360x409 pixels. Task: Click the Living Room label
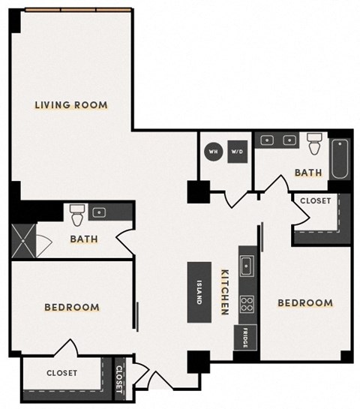pos(71,105)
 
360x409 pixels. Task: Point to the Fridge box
pos(245,338)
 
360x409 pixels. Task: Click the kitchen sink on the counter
pos(246,265)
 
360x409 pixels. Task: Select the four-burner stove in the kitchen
pos(246,303)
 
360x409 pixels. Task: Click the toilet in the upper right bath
pos(314,143)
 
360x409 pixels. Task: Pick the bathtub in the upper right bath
pos(340,158)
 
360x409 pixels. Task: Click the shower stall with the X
pos(24,240)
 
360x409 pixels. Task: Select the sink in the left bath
pos(99,213)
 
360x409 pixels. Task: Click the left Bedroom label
pos(72,308)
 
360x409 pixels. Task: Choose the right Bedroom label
pos(305,303)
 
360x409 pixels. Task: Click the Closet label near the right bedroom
pos(316,201)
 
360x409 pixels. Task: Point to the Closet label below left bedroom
pos(61,373)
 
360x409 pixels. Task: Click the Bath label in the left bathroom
pos(84,239)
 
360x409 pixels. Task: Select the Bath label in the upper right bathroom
pos(307,173)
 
